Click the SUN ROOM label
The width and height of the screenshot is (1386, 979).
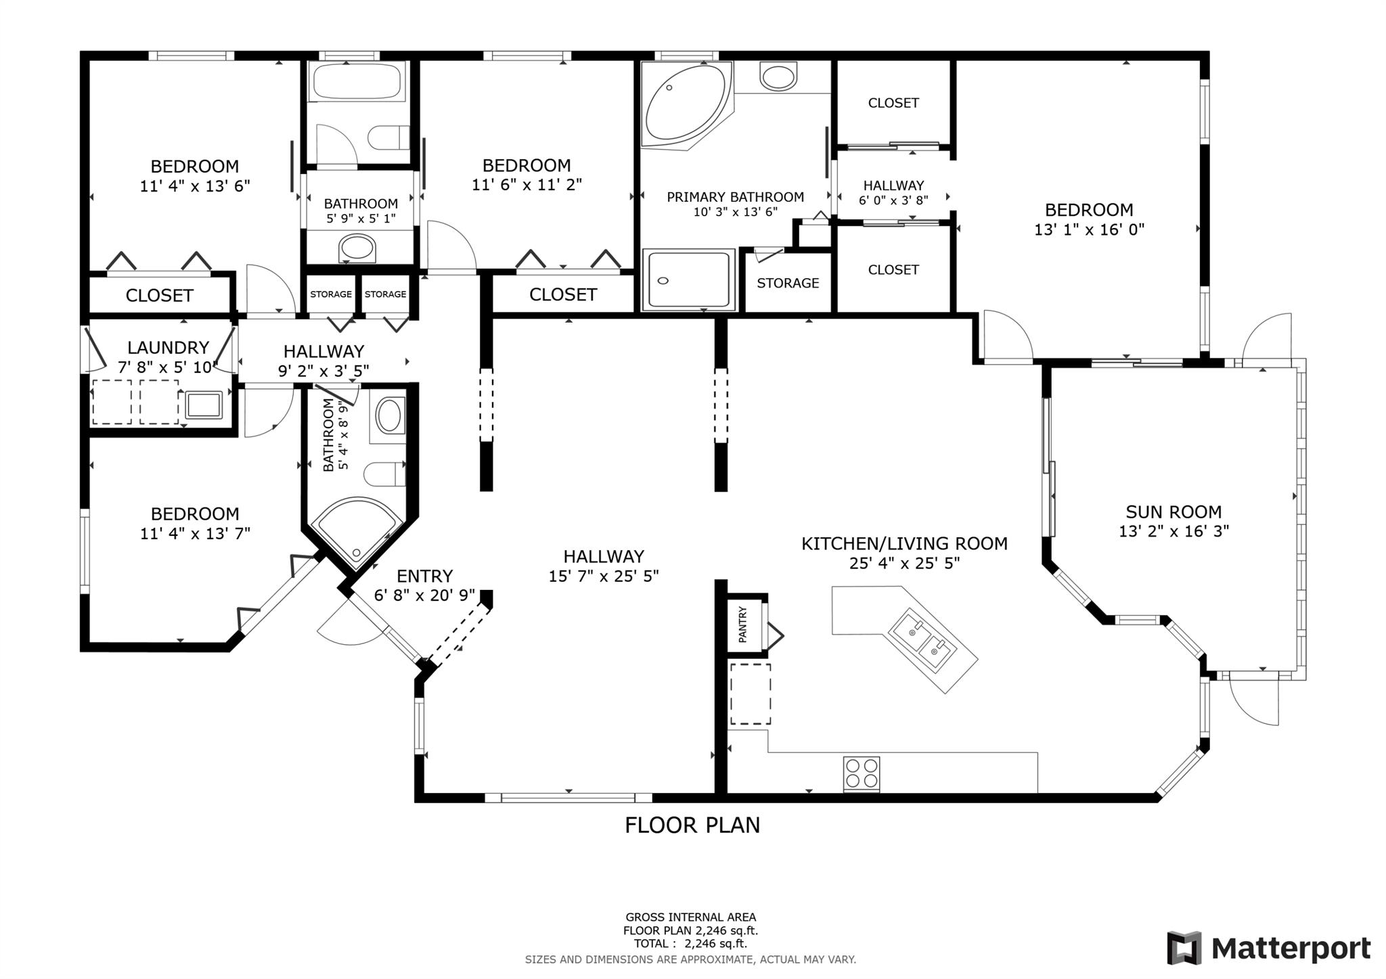point(1173,512)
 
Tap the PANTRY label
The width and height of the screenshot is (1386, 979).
point(742,624)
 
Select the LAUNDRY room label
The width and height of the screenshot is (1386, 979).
point(168,348)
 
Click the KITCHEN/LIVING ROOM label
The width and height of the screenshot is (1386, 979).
point(904,543)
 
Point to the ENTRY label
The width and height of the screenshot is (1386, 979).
point(424,576)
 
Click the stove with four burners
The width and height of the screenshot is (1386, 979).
point(862,774)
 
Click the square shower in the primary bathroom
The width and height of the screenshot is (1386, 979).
point(688,279)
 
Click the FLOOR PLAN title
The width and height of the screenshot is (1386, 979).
point(692,825)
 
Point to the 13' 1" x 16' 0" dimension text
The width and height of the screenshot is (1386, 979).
point(1089,229)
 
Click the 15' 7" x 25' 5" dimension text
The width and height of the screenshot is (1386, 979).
point(604,576)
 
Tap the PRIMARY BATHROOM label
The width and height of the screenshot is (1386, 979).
point(736,197)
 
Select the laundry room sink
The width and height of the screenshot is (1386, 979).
point(204,405)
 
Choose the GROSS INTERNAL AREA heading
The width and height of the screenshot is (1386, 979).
point(690,917)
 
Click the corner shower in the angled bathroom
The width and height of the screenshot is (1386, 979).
point(358,532)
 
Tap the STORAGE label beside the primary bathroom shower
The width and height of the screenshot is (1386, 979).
point(788,283)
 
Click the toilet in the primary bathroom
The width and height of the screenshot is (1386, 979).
point(779,76)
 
